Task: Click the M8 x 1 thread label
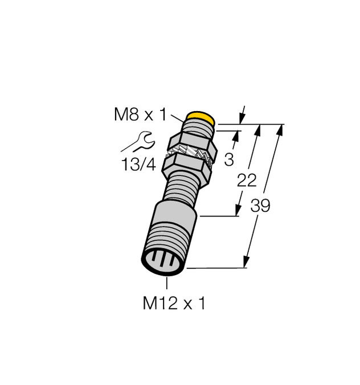140,116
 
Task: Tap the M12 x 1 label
174,304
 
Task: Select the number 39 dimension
260,206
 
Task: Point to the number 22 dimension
246,181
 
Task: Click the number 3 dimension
229,160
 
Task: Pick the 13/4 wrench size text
138,165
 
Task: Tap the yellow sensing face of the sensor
201,119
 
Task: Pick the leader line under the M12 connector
167,285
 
